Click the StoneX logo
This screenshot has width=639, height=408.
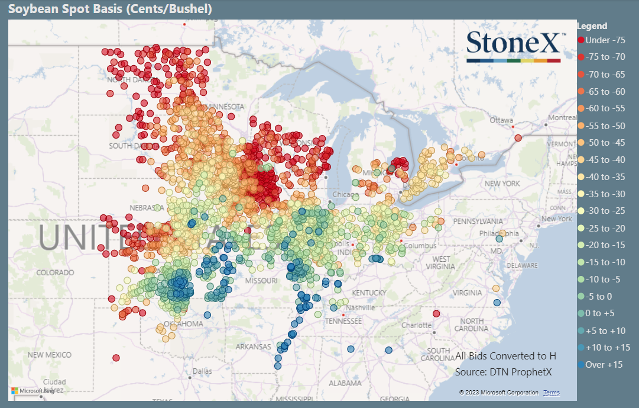pyautogui.click(x=513, y=46)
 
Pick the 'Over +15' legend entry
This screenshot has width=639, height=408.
pyautogui.click(x=604, y=365)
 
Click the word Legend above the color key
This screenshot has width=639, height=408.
pyautogui.click(x=592, y=26)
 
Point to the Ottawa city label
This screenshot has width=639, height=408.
pyautogui.click(x=501, y=120)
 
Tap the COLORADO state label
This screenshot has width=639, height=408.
pyautogui.click(x=55, y=273)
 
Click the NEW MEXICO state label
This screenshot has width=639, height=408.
pyautogui.click(x=50, y=355)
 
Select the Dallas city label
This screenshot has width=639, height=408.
pyautogui.click(x=202, y=371)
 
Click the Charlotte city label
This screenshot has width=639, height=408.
pyautogui.click(x=416, y=325)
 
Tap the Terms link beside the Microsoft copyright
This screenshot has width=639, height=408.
pyautogui.click(x=551, y=393)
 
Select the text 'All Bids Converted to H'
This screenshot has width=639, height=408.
pyautogui.click(x=505, y=356)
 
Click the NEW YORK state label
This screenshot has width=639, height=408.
pyautogui.click(x=502, y=184)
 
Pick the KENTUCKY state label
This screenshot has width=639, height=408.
pyautogui.click(x=369, y=293)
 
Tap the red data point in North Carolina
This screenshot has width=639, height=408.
pyautogui.click(x=436, y=313)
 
